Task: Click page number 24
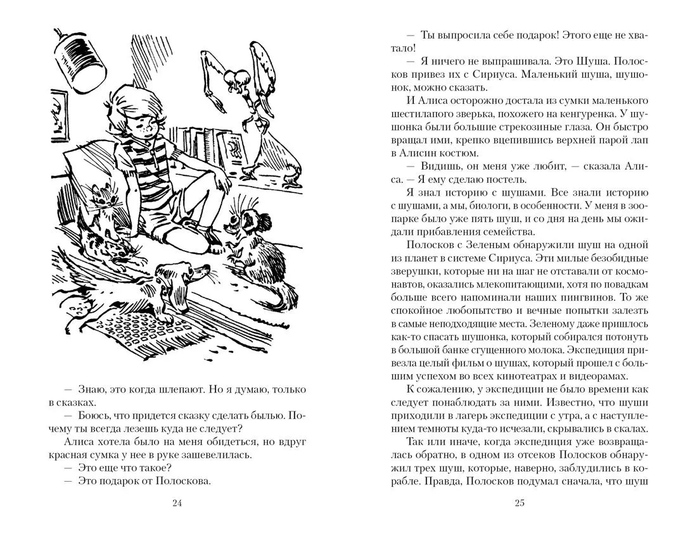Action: (177, 503)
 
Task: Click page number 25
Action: (520, 503)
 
